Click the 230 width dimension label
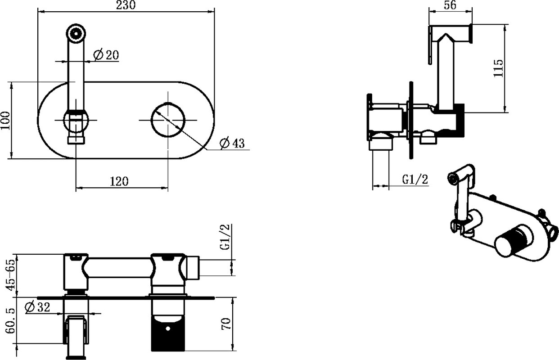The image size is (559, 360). (x=126, y=5)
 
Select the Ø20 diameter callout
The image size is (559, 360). (x=106, y=55)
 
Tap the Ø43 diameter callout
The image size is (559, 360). (x=232, y=143)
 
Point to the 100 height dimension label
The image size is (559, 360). (x=5, y=121)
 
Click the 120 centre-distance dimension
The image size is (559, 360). (x=119, y=181)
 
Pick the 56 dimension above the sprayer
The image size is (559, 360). (x=450, y=5)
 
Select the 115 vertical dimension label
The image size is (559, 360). (x=498, y=68)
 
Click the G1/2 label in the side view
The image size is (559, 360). (x=415, y=180)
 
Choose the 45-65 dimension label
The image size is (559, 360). (x=11, y=275)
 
